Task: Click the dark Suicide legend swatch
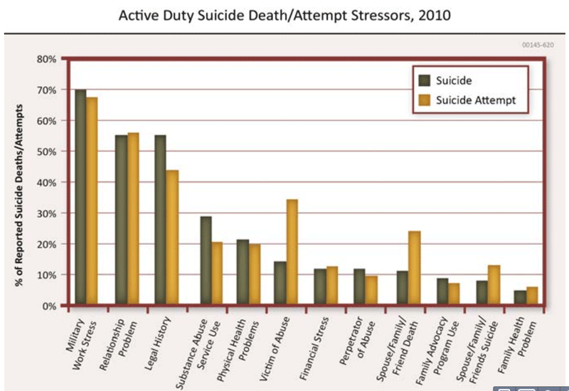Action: [425, 80]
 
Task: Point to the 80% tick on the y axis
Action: [46, 59]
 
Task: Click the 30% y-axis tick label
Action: [46, 213]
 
